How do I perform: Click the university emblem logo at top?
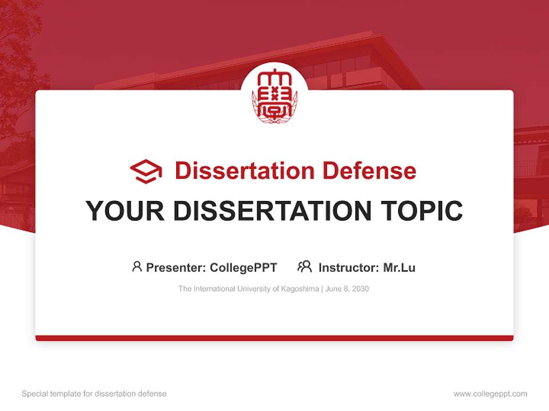274,95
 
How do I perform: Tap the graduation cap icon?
146,171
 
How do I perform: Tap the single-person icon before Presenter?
137,267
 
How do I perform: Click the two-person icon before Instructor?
305,267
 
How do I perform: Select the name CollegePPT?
244,267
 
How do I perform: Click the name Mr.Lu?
399,267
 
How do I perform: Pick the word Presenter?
176,267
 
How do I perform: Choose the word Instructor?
348,267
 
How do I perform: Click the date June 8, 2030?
348,289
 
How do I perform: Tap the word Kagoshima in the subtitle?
301,289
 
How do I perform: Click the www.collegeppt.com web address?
490,394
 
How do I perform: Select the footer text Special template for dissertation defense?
94,394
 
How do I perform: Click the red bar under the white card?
274,338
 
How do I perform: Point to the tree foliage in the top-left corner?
17,46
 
